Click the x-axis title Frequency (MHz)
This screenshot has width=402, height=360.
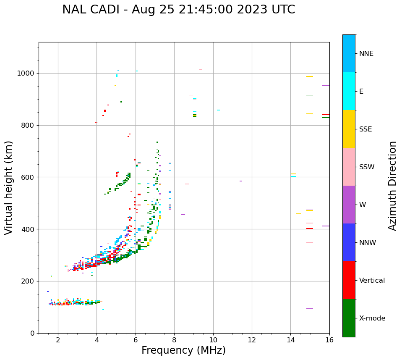(183, 350)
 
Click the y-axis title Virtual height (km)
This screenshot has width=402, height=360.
(9, 188)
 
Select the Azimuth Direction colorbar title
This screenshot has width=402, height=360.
(392, 186)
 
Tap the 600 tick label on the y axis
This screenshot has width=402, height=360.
(27, 177)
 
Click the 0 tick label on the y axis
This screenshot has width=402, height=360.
(32, 333)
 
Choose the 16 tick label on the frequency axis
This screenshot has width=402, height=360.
(329, 340)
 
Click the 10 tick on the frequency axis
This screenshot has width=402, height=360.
(213, 340)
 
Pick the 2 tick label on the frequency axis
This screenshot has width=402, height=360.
(58, 340)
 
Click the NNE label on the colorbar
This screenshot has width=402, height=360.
(366, 54)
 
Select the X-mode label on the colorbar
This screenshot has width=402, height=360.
(372, 318)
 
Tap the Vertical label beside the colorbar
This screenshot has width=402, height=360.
(372, 281)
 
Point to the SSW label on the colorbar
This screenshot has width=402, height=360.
(367, 167)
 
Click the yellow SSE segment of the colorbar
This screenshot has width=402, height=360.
(349, 129)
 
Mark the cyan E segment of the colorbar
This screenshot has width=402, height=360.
(349, 91)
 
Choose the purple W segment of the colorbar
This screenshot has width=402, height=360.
(349, 205)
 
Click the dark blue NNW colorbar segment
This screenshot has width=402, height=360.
(349, 242)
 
